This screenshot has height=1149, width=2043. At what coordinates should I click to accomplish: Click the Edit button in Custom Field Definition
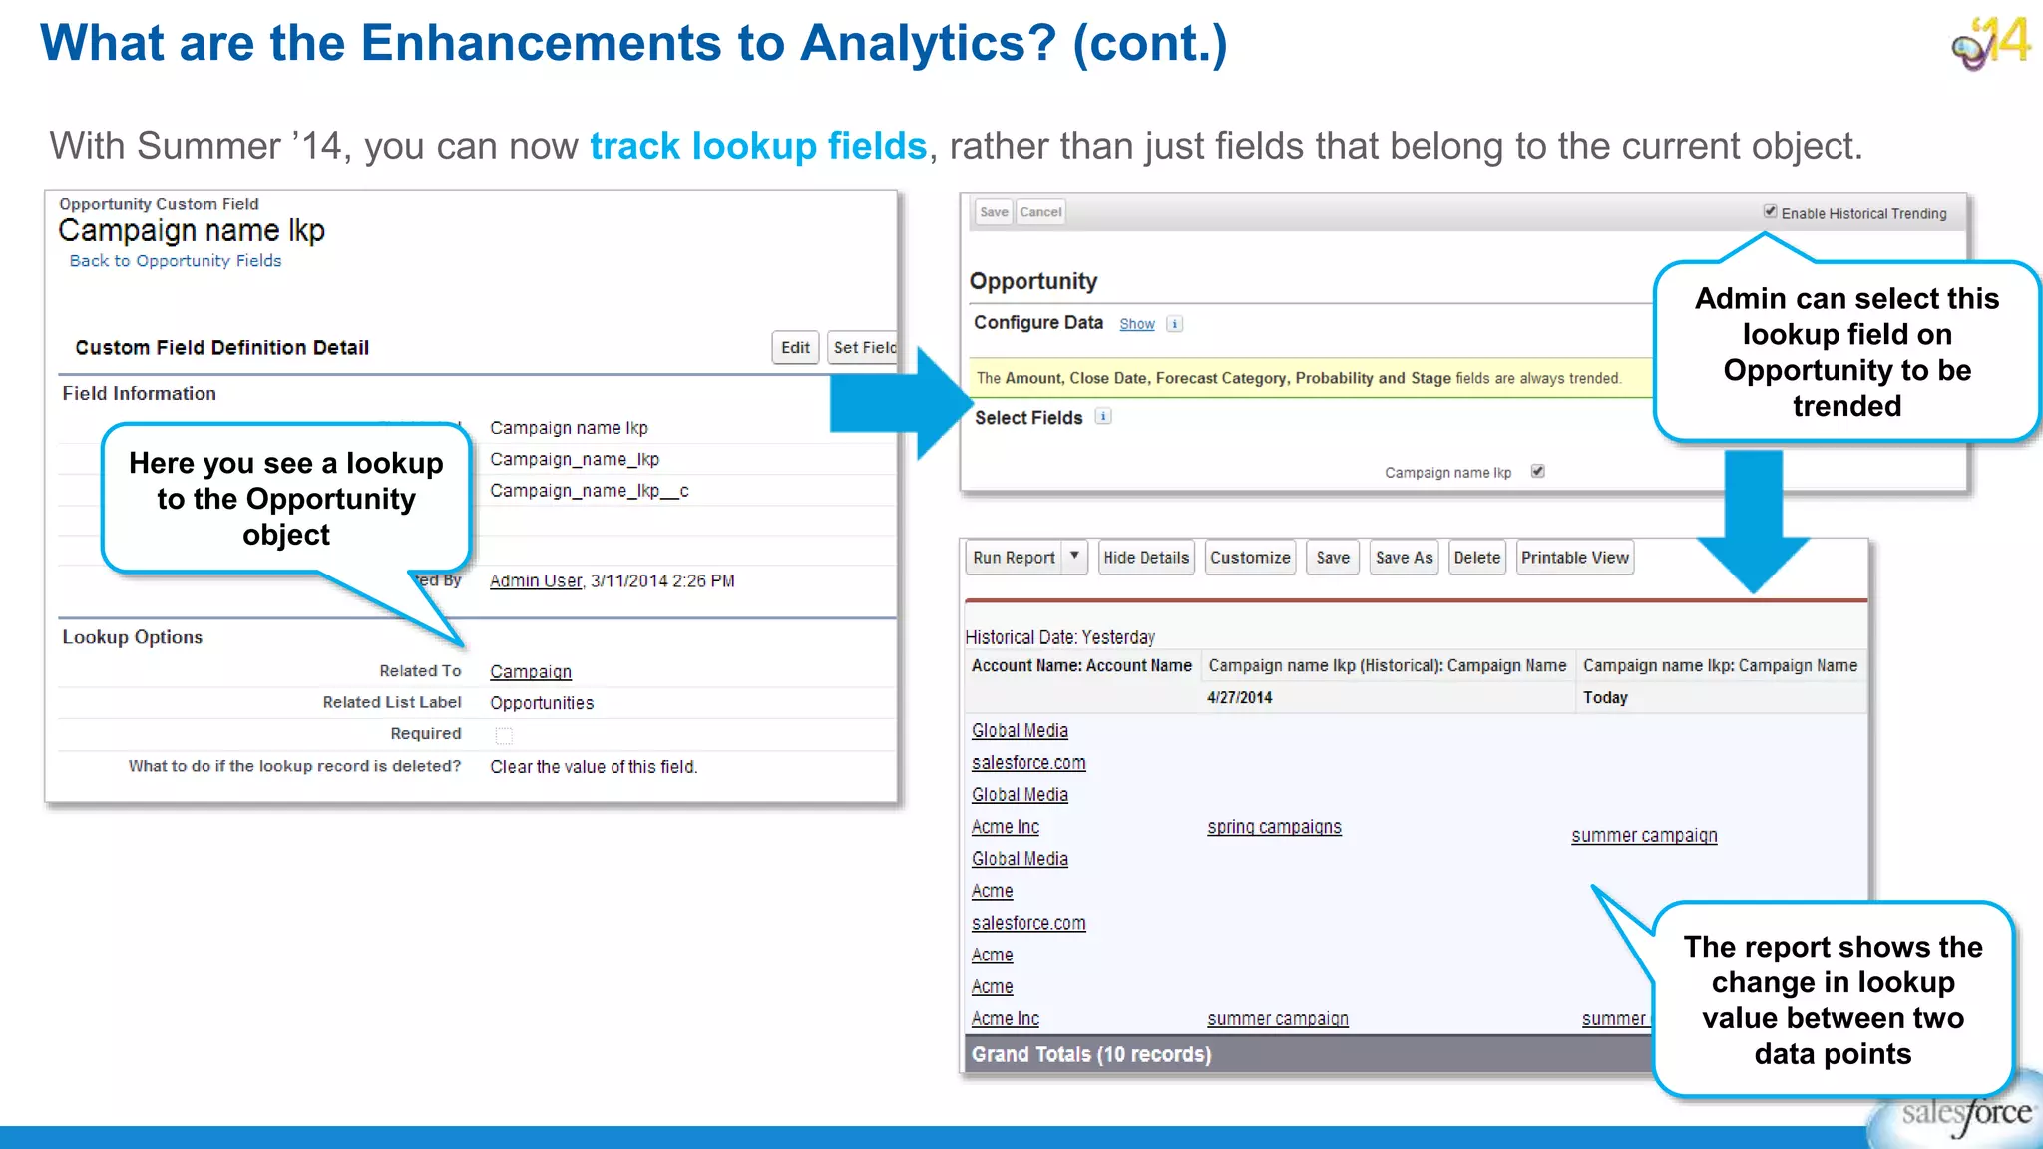(795, 348)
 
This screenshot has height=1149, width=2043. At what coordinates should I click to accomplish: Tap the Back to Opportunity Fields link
(176, 261)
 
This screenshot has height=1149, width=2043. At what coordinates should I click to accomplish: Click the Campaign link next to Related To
(531, 672)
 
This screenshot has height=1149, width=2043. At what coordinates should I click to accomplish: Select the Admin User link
(536, 581)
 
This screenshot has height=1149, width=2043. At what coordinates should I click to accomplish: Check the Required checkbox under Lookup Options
(504, 736)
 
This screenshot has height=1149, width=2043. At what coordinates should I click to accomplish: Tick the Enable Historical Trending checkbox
(1770, 212)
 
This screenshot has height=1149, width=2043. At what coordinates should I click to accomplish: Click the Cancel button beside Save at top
(1040, 212)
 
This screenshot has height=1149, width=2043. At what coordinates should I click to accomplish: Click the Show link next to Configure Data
(1136, 324)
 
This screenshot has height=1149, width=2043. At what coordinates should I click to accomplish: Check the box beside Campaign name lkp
(1538, 472)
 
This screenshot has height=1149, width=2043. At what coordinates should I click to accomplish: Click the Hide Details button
(1146, 558)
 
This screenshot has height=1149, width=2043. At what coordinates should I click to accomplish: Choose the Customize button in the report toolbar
(1250, 558)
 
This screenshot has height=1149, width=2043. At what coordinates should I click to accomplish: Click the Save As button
(1404, 558)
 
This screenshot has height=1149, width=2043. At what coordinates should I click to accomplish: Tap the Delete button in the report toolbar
(1476, 558)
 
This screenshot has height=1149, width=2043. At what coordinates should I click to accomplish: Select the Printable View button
(1574, 558)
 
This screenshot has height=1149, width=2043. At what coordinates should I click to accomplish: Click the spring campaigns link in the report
(1274, 827)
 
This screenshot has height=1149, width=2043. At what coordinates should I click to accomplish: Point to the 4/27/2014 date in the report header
(1239, 698)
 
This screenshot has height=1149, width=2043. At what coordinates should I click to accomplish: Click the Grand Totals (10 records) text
(1091, 1055)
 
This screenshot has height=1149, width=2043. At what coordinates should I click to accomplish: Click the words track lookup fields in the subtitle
(758, 146)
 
